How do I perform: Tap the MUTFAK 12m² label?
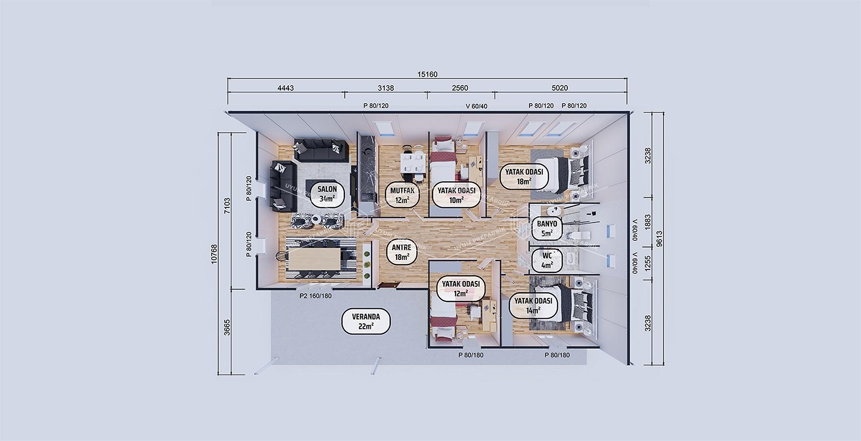click(x=402, y=195)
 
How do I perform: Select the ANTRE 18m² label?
click(x=402, y=252)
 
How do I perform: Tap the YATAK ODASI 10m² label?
click(x=456, y=195)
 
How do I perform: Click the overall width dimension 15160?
click(x=427, y=74)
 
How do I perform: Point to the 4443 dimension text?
click(x=286, y=88)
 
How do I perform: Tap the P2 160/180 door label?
click(x=316, y=296)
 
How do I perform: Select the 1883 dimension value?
click(x=648, y=222)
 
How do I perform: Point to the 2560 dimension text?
click(x=460, y=88)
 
